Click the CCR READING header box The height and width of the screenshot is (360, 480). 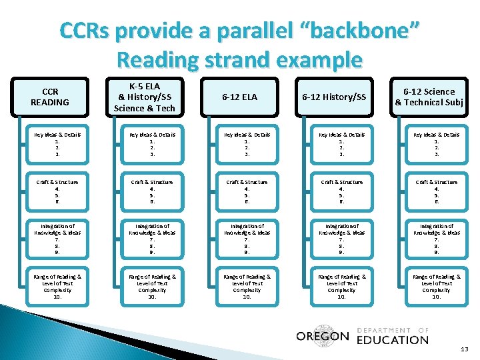coord(50,97)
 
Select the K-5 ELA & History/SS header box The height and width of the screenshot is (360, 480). coord(145,97)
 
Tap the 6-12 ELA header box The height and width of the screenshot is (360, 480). coord(240,97)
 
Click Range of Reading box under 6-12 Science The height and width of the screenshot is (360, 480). coord(437,286)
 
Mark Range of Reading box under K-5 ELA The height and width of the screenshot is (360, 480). coord(153,286)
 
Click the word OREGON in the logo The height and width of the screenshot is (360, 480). coord(322,336)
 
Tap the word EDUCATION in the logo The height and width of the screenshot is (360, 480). coord(393,339)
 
